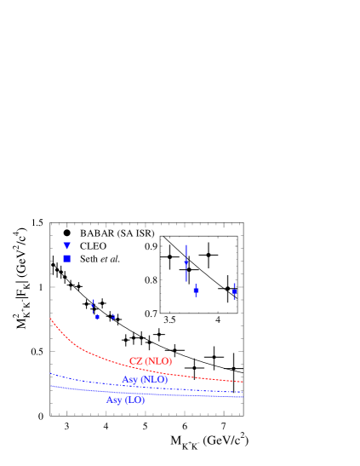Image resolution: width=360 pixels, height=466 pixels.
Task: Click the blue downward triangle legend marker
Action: tap(67, 245)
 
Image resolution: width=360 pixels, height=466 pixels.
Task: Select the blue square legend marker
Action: tap(66, 258)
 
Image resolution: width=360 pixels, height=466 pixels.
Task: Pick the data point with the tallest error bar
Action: tap(186, 262)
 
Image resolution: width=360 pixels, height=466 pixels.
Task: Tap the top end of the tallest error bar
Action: tap(186, 245)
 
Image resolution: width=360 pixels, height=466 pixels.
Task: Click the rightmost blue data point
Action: tap(234, 291)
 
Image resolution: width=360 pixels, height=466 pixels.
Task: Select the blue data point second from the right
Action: tap(196, 290)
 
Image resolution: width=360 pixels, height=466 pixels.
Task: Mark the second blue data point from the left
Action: tap(97, 316)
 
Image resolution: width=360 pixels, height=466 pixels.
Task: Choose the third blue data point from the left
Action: tap(113, 317)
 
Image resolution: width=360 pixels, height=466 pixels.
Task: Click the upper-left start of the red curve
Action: tap(50, 319)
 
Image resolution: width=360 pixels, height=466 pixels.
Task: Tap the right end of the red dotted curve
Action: tap(243, 382)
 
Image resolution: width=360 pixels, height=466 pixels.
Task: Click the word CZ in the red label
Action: tap(135, 361)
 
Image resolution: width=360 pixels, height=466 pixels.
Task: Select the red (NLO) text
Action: tap(157, 361)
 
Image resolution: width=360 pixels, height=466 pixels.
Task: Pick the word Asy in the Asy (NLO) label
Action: tap(129, 380)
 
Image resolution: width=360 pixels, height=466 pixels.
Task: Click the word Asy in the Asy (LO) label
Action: tap(114, 400)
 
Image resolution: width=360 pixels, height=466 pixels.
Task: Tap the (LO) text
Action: tap(134, 400)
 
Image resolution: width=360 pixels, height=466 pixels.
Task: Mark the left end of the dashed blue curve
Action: tap(49, 373)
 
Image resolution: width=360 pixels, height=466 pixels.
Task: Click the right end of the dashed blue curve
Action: tap(243, 393)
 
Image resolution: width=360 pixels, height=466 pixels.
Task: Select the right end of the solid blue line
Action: tap(243, 397)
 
